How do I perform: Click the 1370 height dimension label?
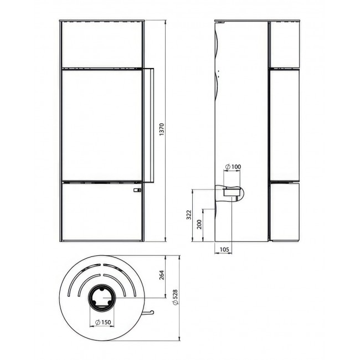[162, 129]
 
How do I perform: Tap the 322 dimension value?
[189, 215]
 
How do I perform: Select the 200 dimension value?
[199, 224]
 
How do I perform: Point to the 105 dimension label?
[224, 249]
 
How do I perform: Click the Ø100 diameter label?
[233, 167]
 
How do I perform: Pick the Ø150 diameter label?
[103, 322]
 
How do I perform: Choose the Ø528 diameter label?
[176, 297]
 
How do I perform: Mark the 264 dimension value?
[162, 275]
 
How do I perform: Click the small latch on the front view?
[137, 190]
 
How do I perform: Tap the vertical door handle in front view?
[149, 125]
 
